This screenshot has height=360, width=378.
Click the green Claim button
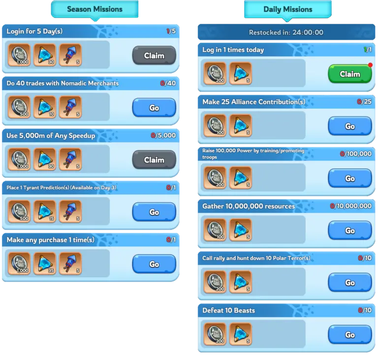pos(350,74)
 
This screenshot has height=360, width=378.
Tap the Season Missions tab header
pos(94,9)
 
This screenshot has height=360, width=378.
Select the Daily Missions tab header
pos(288,9)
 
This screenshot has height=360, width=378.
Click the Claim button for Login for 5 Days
pos(154,56)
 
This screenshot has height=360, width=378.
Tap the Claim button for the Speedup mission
pos(154,160)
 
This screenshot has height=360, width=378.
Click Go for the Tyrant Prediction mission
pos(154,212)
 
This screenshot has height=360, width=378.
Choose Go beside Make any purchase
pos(154,264)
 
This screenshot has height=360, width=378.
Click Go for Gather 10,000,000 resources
pos(350,230)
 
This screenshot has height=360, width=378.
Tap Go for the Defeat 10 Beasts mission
pos(350,335)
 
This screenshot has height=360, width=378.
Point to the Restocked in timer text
pos(286,33)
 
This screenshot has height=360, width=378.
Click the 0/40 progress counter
pos(168,83)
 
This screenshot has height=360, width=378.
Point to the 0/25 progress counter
pos(364,101)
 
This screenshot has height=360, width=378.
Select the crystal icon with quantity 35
pos(45,263)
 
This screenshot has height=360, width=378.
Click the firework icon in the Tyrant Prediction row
pos(70,211)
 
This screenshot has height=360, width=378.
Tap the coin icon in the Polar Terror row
pos(215,282)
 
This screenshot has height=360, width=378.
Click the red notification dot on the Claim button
pos(370,65)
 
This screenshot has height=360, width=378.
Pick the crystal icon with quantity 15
pos(45,211)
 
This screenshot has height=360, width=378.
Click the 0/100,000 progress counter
pos(356,154)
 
